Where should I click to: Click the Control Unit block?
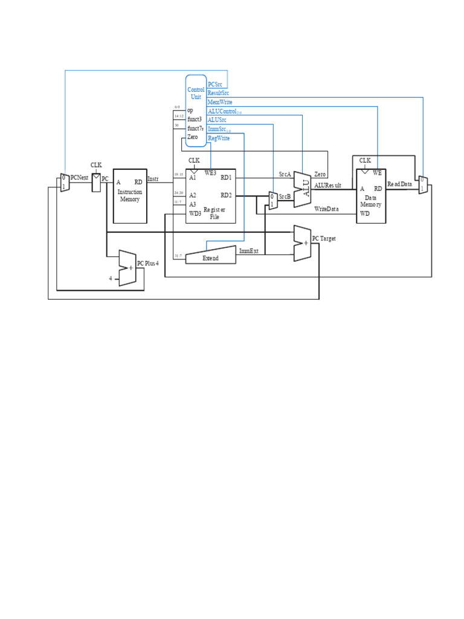[x=196, y=111]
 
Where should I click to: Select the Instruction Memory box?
[x=130, y=195]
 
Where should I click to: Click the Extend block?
[x=210, y=258]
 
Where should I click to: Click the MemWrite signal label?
[x=219, y=102]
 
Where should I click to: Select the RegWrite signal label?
[x=219, y=138]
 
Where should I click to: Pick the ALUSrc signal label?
[x=217, y=120]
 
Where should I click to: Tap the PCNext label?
[x=80, y=178]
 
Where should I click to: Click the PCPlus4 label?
[x=148, y=264]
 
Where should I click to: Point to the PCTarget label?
[x=324, y=239]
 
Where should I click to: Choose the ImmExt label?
[x=249, y=251]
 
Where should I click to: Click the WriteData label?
[x=326, y=209]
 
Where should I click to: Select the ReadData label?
[x=399, y=184]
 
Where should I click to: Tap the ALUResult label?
[x=328, y=186]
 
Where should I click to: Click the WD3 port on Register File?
[x=194, y=213]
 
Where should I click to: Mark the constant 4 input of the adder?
[x=111, y=279]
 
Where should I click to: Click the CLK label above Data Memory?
[x=365, y=160]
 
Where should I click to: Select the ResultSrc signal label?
[x=218, y=93]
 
